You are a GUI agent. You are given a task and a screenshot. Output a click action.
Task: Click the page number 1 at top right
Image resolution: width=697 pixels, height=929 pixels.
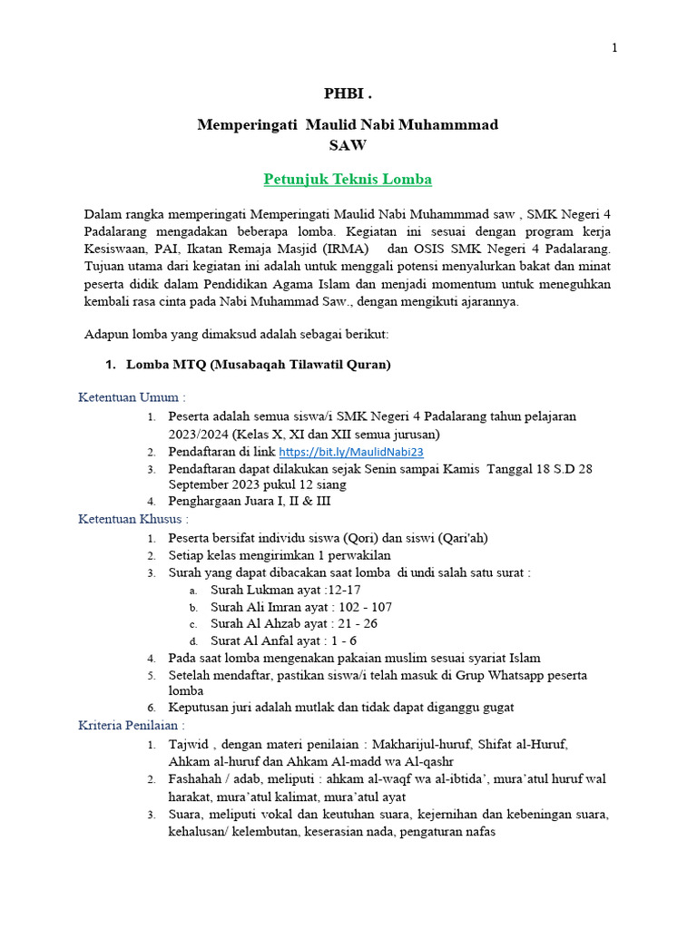[614, 48]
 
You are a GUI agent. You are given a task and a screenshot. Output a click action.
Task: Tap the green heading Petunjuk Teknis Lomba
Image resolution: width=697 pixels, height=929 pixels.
[348, 179]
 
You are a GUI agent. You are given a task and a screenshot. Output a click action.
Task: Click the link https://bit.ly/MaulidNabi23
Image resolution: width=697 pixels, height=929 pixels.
[351, 451]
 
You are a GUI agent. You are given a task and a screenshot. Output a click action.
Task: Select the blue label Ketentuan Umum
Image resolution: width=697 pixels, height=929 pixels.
[132, 397]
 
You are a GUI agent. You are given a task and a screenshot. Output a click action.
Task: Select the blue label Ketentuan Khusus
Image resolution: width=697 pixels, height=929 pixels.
[133, 519]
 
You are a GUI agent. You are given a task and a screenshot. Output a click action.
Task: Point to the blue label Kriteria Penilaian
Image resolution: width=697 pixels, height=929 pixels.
[132, 726]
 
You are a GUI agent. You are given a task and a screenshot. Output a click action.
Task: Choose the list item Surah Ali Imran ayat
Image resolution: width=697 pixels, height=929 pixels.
[300, 607]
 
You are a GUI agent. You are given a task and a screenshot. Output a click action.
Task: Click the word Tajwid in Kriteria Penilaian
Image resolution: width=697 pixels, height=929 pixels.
[190, 744]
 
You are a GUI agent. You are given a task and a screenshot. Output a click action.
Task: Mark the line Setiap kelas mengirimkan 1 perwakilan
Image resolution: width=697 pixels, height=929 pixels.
[280, 555]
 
